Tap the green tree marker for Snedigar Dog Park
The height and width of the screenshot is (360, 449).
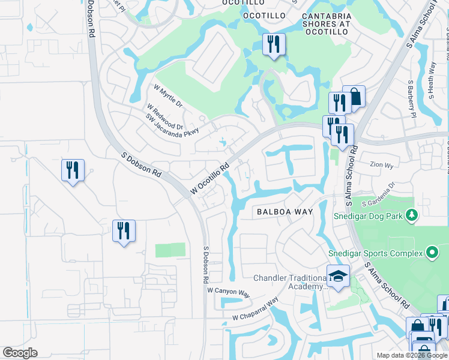pyautogui.click(x=411, y=214)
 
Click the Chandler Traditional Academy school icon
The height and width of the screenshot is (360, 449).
pyautogui.click(x=338, y=277)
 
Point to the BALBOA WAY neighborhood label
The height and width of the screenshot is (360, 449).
pyautogui.click(x=285, y=212)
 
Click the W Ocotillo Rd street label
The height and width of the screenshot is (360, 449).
pyautogui.click(x=210, y=179)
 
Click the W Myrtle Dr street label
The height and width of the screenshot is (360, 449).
pyautogui.click(x=167, y=95)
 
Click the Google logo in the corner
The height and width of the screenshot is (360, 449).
pyautogui.click(x=20, y=353)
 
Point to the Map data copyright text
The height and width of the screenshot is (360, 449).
pyautogui.click(x=412, y=355)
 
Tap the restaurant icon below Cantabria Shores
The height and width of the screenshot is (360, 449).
pyautogui.click(x=274, y=44)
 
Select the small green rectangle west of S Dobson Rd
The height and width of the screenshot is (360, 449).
pyautogui.click(x=170, y=250)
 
